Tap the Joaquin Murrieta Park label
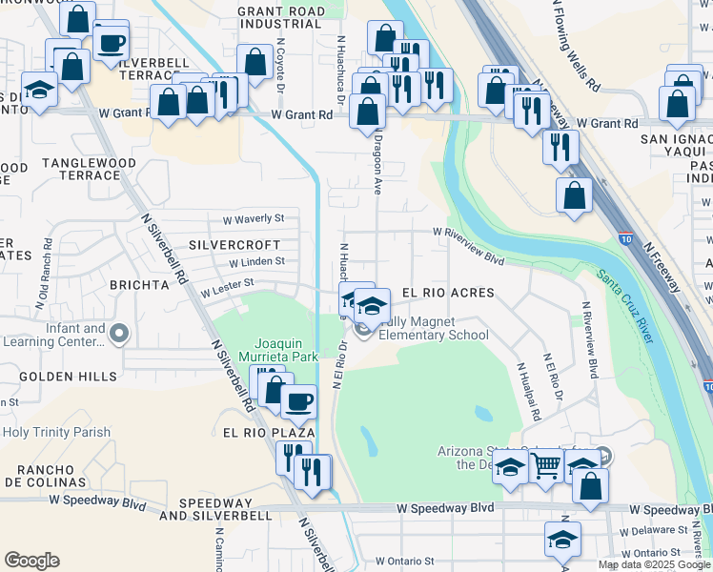(x=286, y=350)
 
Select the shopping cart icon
(x=545, y=466)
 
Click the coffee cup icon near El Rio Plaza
(x=298, y=401)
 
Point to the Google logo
(x=31, y=561)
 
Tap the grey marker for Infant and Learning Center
(x=118, y=334)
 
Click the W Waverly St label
(x=254, y=219)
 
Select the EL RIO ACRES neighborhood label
(x=448, y=293)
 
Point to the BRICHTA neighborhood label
(x=138, y=285)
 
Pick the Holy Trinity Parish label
(x=56, y=432)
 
